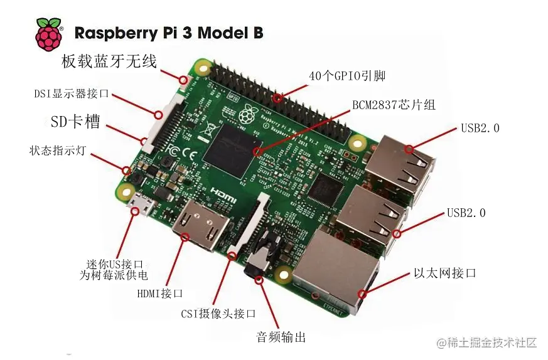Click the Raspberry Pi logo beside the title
click(48, 34)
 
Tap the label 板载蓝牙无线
click(108, 61)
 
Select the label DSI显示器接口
click(71, 94)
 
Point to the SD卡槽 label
click(75, 121)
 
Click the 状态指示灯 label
click(57, 151)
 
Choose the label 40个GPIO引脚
click(347, 76)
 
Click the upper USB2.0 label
click(480, 129)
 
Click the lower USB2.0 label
click(466, 213)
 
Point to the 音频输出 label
click(281, 337)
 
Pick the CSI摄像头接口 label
click(218, 314)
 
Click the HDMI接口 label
click(159, 293)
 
